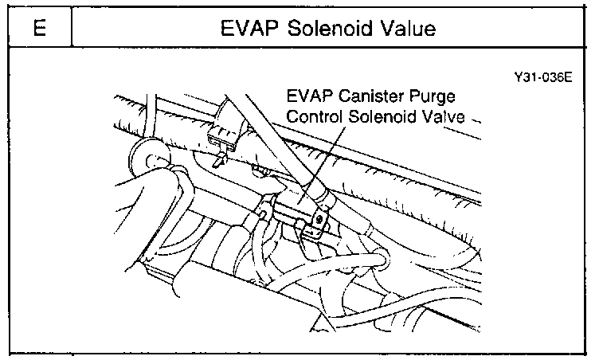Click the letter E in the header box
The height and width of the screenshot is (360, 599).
pyautogui.click(x=38, y=30)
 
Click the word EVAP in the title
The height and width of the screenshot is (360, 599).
pyautogui.click(x=248, y=30)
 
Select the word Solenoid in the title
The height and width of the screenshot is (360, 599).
pyautogui.click(x=323, y=30)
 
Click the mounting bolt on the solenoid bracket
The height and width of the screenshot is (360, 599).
pyautogui.click(x=321, y=216)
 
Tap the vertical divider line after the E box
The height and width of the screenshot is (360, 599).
pyautogui.click(x=72, y=30)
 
